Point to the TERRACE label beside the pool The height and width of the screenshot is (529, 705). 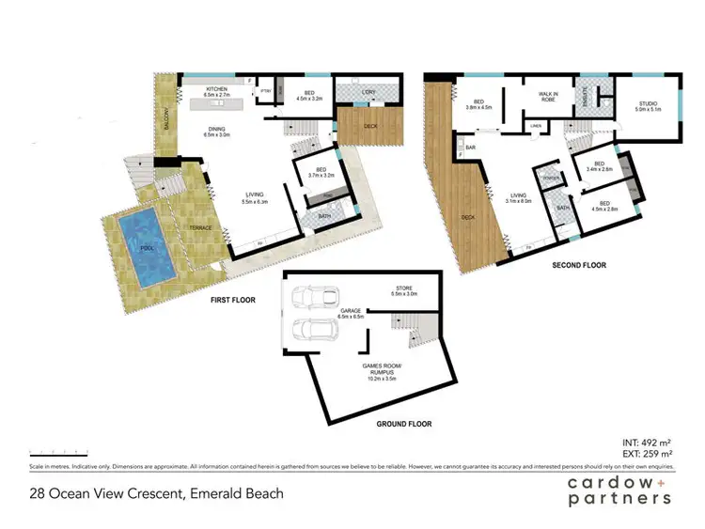(x=199, y=228)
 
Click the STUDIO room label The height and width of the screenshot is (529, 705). (x=649, y=105)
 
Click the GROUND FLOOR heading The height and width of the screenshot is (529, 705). (x=404, y=424)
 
